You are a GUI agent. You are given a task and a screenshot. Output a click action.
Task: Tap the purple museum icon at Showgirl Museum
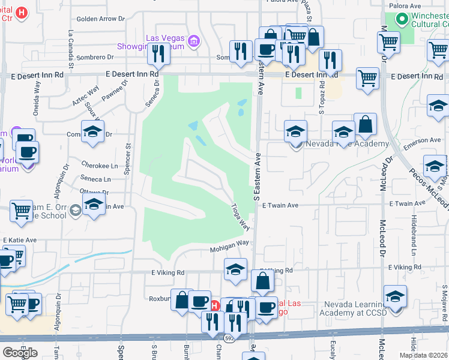tap(194, 41)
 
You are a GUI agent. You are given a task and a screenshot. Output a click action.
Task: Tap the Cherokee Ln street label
tap(99, 166)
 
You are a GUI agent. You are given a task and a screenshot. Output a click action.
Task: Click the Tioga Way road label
tap(241, 216)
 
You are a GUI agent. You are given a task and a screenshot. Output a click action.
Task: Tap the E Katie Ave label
tap(20, 240)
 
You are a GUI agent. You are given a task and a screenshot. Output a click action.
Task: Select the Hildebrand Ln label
tap(414, 231)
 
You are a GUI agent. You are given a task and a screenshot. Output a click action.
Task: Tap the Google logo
tap(20, 353)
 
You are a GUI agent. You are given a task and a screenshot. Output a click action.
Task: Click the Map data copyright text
tap(423, 355)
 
